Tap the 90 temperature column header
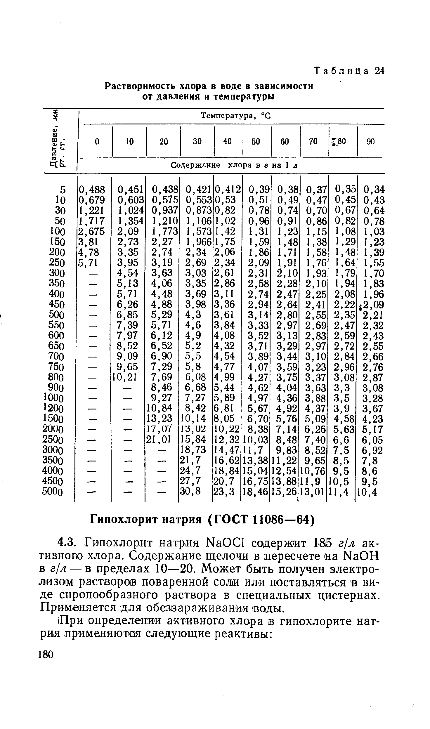pos(370,141)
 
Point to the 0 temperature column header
pos(97,141)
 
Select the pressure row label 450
pos(56,304)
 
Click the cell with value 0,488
pos(92,190)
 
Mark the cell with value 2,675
pos(91,231)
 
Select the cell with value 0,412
pos(228,190)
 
